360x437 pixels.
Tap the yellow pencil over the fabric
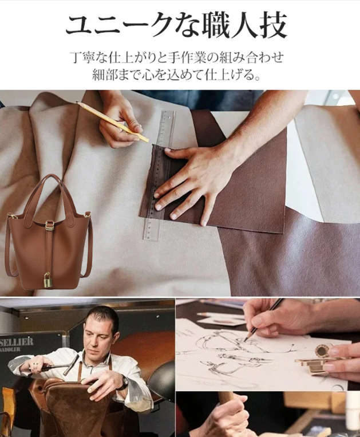click(112, 122)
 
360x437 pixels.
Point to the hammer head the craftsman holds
click(71, 364)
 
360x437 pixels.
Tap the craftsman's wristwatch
click(124, 383)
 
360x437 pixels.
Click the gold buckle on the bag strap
click(49, 225)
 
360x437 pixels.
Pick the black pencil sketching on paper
click(264, 320)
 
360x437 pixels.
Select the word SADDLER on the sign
click(10, 349)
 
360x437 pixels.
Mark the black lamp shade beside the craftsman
click(161, 379)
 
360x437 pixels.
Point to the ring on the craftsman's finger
click(35, 364)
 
